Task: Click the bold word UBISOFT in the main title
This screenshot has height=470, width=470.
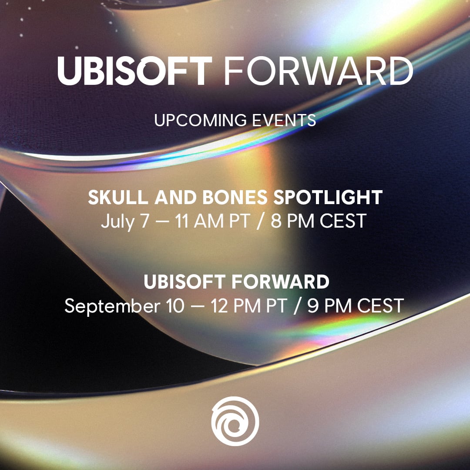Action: tap(134, 71)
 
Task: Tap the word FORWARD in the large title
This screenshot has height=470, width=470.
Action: tap(318, 71)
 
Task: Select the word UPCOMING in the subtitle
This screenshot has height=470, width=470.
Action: tap(200, 120)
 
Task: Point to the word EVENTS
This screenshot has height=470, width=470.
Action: tap(284, 120)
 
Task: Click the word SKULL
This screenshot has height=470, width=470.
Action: tap(118, 197)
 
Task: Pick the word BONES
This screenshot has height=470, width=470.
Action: tap(235, 197)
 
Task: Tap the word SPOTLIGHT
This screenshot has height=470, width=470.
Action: tap(328, 197)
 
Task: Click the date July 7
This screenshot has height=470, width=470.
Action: tap(125, 222)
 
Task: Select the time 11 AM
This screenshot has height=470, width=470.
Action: tap(199, 221)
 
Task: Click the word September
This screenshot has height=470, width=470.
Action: tap(112, 306)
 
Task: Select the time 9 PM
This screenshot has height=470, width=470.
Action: tap(329, 306)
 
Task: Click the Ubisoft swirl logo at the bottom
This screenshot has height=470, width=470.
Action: tap(235, 421)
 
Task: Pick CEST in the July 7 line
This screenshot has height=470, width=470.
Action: tap(343, 221)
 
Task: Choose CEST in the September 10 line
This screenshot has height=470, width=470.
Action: tap(380, 306)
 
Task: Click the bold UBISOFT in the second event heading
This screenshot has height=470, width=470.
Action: tap(185, 282)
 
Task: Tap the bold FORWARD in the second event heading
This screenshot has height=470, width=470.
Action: tap(280, 282)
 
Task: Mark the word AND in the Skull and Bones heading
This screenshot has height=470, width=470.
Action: tap(175, 197)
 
